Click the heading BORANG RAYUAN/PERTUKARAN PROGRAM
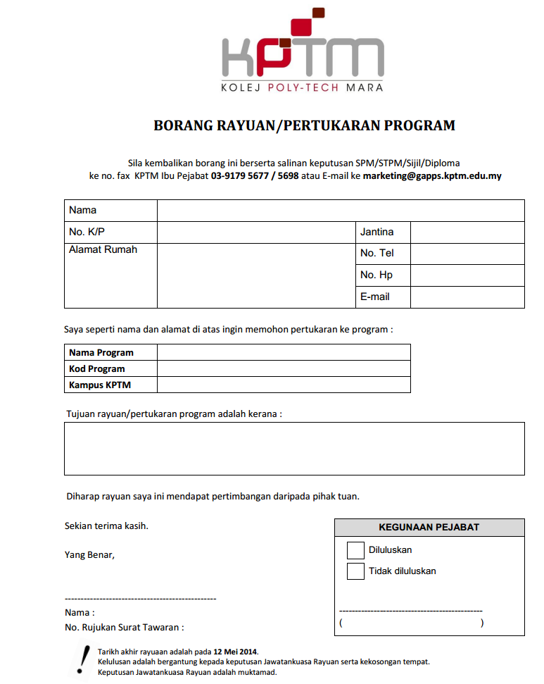304,126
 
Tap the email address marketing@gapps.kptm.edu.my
432,176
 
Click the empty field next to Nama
341,211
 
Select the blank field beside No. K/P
256,232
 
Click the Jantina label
377,232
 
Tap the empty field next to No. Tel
467,254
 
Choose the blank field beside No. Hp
467,275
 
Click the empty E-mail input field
467,297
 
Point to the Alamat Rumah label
103,250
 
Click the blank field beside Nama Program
284,352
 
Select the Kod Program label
97,368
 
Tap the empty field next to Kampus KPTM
284,385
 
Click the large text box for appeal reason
294,449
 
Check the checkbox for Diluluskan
355,550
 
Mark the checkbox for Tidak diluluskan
355,571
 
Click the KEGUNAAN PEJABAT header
429,528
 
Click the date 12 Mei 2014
236,652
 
